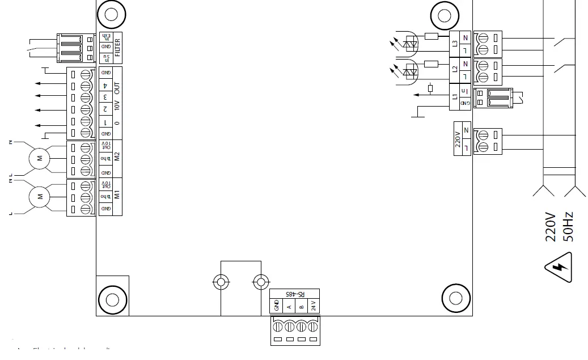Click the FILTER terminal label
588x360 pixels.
point(117,48)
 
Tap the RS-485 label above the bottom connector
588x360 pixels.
point(295,294)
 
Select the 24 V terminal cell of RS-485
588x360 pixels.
point(314,306)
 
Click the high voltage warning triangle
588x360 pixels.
point(559,268)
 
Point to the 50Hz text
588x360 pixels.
point(568,227)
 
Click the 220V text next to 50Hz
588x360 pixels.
point(551,227)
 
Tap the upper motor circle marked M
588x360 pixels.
point(40,158)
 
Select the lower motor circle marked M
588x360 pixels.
point(40,197)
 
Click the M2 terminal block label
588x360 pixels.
point(117,156)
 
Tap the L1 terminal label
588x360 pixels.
point(455,96)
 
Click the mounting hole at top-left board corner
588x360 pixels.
point(111,15)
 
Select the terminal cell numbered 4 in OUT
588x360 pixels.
point(105,85)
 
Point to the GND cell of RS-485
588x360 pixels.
point(277,306)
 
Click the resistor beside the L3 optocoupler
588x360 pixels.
point(431,37)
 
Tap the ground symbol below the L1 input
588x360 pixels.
point(417,116)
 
